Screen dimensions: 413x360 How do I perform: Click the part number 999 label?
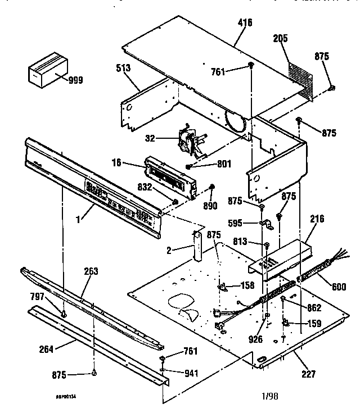click(x=75, y=80)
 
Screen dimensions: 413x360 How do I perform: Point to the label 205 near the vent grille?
click(x=281, y=39)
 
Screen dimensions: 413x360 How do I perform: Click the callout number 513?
click(x=123, y=68)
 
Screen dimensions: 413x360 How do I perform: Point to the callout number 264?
click(x=47, y=350)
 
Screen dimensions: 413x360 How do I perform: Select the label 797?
click(x=38, y=296)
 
